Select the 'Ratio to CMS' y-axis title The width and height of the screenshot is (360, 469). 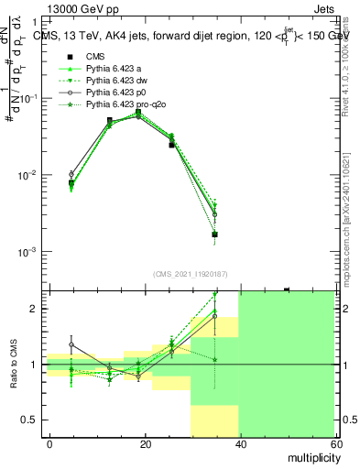[14, 365]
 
